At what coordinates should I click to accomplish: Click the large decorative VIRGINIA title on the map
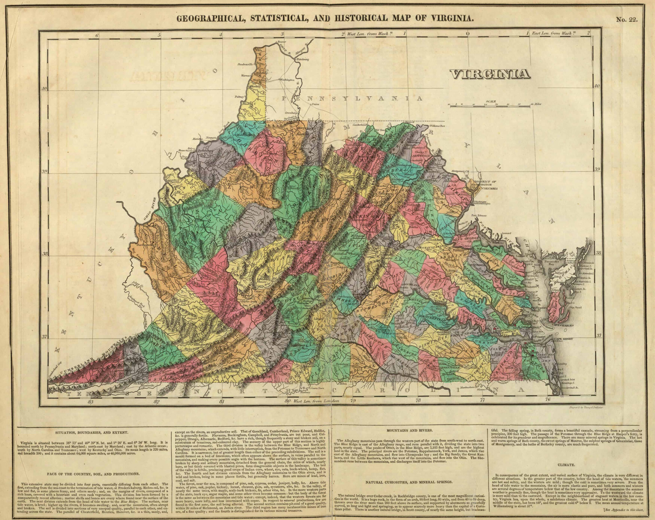pyautogui.click(x=489, y=74)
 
